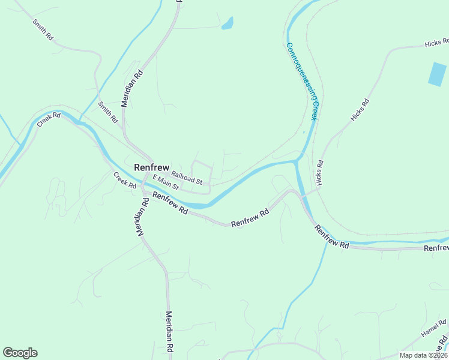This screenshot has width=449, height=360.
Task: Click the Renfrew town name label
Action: [x=151, y=168]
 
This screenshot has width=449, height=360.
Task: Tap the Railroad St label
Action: [x=187, y=178]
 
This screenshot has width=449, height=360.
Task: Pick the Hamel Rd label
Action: [x=433, y=328]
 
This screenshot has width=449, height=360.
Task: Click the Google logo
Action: [x=20, y=353]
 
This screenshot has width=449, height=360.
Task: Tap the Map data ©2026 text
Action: [x=424, y=355]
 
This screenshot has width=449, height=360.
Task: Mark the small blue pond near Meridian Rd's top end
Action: [x=228, y=23]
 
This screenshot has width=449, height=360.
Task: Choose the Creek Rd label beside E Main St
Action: [x=125, y=181]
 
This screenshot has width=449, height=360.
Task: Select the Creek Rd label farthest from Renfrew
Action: [x=49, y=119]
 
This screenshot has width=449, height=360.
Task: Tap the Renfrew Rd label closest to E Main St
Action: [x=170, y=204]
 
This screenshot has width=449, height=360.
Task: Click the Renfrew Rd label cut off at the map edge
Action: [x=436, y=248]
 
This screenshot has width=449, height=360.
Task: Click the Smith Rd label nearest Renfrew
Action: [x=109, y=112]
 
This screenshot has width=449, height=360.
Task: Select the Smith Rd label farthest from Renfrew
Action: [x=43, y=29]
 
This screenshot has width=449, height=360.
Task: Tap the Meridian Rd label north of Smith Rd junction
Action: [x=132, y=88]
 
